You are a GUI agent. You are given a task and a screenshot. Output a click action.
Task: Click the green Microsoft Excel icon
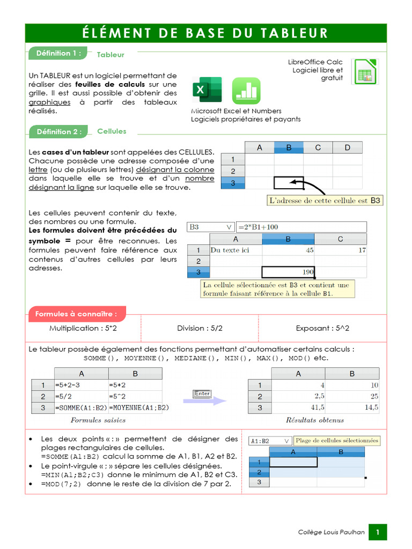(x=207, y=91)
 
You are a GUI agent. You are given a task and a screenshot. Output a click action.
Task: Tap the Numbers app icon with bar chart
(x=246, y=91)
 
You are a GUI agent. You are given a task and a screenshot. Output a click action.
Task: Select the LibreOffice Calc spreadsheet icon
(x=365, y=72)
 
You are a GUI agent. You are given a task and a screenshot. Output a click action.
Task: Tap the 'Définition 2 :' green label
(x=58, y=131)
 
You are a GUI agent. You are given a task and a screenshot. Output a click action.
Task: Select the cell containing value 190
(x=288, y=272)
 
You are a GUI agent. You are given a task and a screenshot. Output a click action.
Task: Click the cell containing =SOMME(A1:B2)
(x=81, y=407)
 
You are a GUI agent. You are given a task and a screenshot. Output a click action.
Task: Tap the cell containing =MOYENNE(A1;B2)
(x=135, y=407)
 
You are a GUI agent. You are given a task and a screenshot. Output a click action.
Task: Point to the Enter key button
(x=202, y=394)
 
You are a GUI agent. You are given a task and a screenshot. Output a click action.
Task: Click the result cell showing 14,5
(x=352, y=407)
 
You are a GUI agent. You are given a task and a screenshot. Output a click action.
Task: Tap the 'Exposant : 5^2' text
(x=322, y=328)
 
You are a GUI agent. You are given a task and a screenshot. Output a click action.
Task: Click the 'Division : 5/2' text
(x=200, y=328)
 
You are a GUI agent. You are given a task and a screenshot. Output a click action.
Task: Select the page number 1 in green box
(x=378, y=532)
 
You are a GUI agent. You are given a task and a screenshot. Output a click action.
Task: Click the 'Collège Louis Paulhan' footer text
(x=331, y=532)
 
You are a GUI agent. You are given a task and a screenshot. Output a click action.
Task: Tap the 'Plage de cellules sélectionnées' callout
(x=337, y=441)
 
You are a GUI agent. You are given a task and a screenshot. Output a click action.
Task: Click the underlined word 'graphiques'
(x=49, y=102)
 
